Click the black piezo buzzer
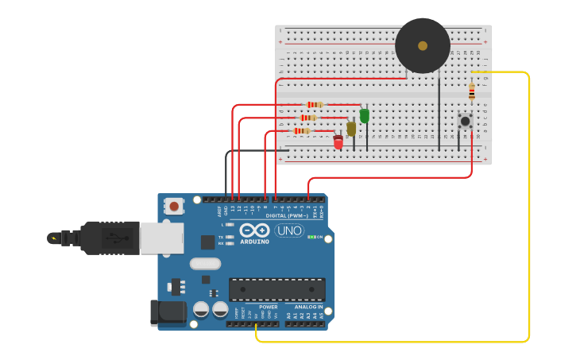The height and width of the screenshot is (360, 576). [423, 45]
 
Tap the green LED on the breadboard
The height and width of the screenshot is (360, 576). [364, 116]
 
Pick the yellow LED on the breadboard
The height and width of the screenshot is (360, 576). [351, 129]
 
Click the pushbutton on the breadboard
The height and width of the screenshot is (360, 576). [465, 122]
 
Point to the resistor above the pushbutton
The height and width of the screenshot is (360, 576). [471, 92]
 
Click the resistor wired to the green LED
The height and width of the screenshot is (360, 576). [315, 105]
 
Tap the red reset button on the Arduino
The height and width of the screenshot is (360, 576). [174, 207]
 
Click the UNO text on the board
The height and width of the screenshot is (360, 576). [289, 231]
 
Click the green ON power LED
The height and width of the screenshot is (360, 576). [311, 237]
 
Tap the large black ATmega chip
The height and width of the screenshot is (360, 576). [276, 289]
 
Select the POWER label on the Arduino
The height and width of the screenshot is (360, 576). [269, 307]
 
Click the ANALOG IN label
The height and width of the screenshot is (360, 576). [309, 307]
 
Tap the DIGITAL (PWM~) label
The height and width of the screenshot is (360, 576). [286, 215]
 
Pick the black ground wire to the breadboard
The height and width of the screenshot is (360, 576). [227, 171]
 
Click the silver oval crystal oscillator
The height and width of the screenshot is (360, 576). [204, 263]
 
